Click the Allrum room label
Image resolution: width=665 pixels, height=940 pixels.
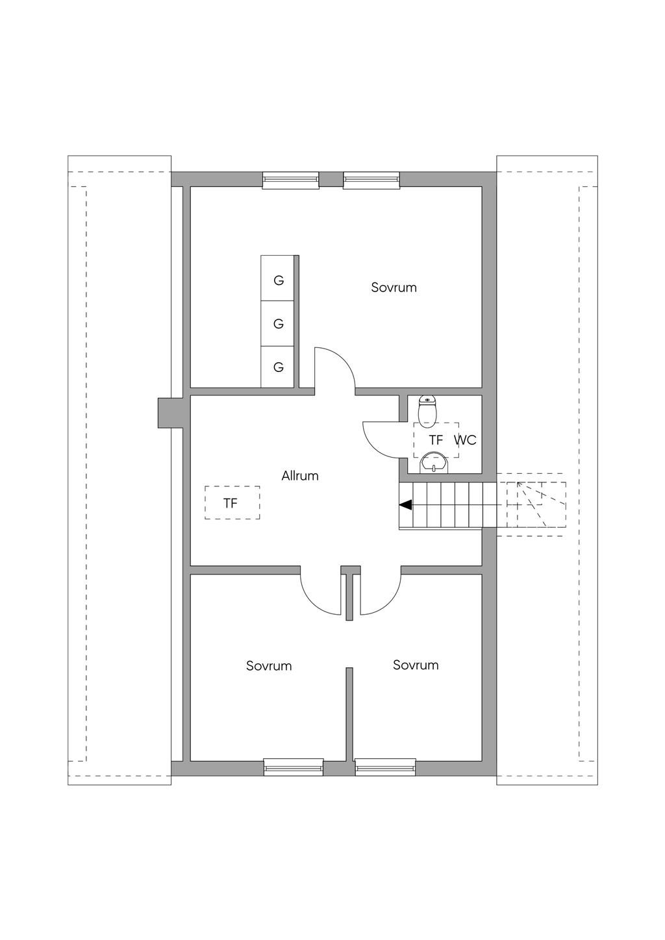tap(300, 476)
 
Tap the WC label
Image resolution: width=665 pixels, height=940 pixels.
tap(465, 440)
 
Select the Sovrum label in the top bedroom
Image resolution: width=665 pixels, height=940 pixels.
tap(394, 288)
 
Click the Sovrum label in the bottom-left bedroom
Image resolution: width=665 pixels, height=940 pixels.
tap(269, 666)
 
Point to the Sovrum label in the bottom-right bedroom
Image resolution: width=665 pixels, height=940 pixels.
tap(416, 665)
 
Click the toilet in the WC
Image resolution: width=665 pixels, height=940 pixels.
tap(427, 408)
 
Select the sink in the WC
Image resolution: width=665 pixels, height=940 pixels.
tap(433, 463)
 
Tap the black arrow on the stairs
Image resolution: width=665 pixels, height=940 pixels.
tap(405, 504)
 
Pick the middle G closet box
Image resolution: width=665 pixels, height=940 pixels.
tap(278, 323)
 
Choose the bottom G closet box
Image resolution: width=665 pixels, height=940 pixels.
tap(278, 367)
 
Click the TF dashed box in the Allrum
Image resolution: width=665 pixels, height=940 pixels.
tap(232, 502)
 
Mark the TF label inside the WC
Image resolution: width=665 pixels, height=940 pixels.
tap(436, 440)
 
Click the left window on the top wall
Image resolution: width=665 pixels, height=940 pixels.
tap(290, 180)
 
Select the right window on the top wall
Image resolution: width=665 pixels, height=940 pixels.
tap(371, 180)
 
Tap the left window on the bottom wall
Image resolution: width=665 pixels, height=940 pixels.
tap(294, 767)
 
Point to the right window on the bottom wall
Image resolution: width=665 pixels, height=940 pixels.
tap(385, 767)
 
